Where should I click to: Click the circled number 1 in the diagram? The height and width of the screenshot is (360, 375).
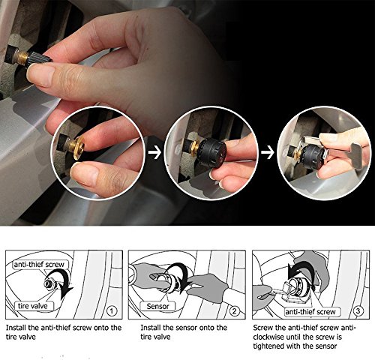[x=112, y=311]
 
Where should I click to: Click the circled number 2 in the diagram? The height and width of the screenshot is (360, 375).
[x=234, y=311]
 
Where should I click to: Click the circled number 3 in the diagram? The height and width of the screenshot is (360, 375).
[x=358, y=310]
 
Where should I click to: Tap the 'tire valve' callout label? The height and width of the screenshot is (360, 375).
[x=33, y=306]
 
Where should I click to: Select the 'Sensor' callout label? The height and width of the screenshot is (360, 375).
[x=157, y=306]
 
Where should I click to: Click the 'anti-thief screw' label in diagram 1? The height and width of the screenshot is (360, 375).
[x=39, y=264]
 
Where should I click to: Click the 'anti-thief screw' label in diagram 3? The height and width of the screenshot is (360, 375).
[x=310, y=311]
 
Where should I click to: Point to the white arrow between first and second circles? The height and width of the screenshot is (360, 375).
[x=154, y=153]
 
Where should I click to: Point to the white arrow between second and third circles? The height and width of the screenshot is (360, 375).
[x=268, y=152]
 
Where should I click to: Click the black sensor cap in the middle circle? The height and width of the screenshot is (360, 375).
[x=212, y=153]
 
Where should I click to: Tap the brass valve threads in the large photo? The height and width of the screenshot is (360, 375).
[x=23, y=57]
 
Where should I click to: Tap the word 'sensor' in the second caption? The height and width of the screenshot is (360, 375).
[x=186, y=328]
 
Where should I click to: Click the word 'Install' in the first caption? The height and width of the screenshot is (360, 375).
[x=15, y=328]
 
